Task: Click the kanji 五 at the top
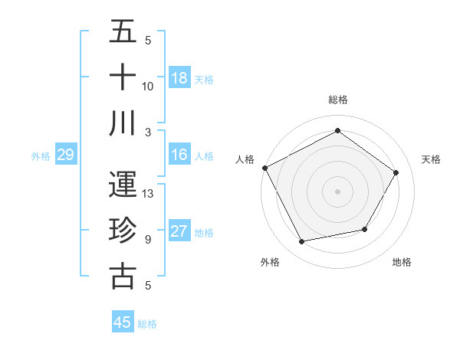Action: point(123,33)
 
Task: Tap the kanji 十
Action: point(123,77)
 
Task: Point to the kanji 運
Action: point(123,185)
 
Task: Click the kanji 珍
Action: point(123,230)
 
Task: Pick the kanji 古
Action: point(123,275)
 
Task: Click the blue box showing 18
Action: point(179,77)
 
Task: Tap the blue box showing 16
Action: point(179,155)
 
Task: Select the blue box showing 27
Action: point(179,231)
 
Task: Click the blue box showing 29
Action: point(65,155)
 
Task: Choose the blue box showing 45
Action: point(123,322)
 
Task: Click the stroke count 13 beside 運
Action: point(149,194)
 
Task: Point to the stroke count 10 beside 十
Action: point(149,87)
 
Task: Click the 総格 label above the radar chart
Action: point(338,100)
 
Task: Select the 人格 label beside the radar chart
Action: point(245,159)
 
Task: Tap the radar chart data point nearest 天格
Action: point(396,172)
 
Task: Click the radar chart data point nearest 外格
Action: point(302,242)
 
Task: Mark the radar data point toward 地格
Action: point(365,229)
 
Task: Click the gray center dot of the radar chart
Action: point(338,191)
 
